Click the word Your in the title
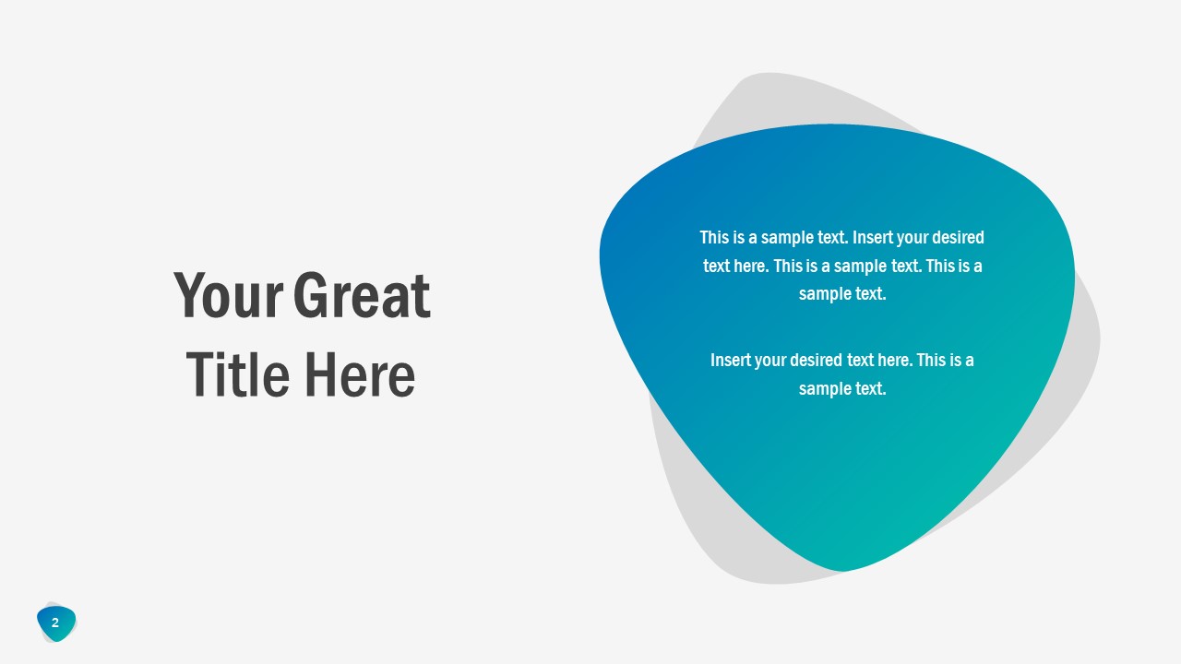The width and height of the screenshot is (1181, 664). pyautogui.click(x=227, y=296)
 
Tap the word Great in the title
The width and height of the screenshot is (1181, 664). pyautogui.click(x=362, y=296)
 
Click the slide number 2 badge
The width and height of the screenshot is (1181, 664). pyautogui.click(x=55, y=623)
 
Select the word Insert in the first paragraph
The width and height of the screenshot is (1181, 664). pyautogui.click(x=872, y=238)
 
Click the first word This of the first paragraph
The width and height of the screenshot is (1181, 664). pyautogui.click(x=714, y=238)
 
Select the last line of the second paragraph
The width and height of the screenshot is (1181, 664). pyautogui.click(x=842, y=388)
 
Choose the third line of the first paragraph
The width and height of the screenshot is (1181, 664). pyautogui.click(x=842, y=294)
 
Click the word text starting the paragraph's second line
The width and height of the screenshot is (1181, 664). pyautogui.click(x=718, y=267)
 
